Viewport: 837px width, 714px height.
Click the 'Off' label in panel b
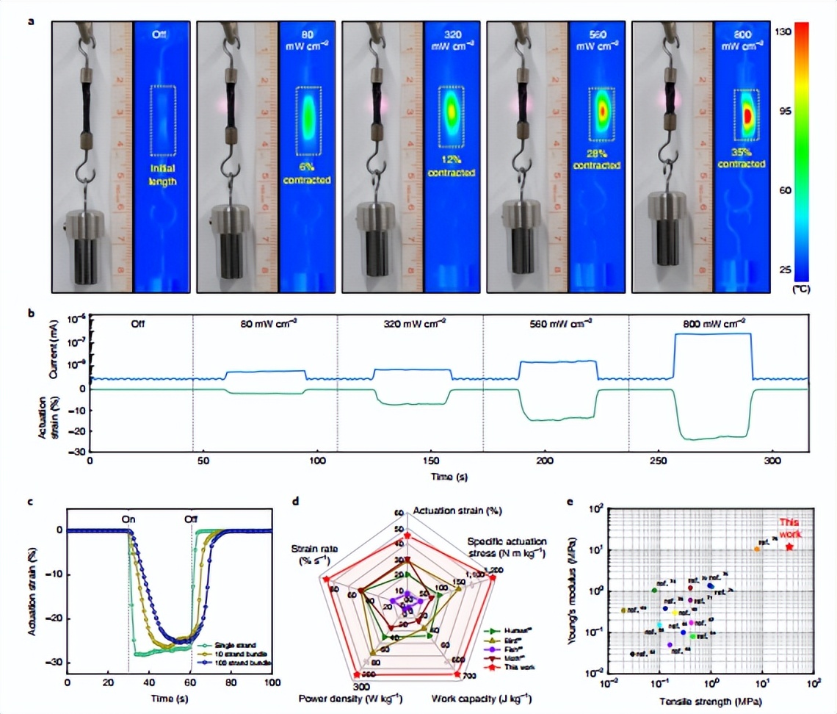pos(140,322)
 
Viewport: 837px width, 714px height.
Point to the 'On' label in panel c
pos(128,518)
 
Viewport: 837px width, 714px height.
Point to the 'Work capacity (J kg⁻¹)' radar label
pos(482,697)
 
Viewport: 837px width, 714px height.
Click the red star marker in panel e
pos(790,547)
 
